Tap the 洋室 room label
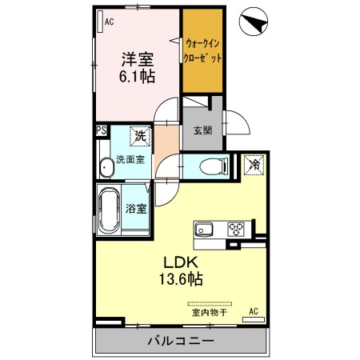pos(138,58)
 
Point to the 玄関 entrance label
pos(202,130)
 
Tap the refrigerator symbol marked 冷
pos(253,166)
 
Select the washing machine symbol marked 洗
pos(140,138)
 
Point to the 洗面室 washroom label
pos(130,158)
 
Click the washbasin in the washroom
pos(106,168)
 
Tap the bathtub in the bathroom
pos(109,210)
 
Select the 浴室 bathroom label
pos(136,210)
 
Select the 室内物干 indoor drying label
pos(209,314)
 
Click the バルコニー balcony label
pos(180,342)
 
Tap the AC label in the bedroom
pos(109,22)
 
